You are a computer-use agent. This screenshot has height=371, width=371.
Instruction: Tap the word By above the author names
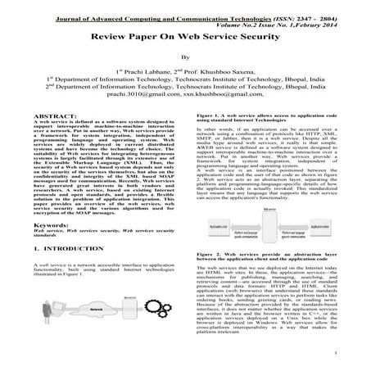pyautogui.click(x=184, y=59)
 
